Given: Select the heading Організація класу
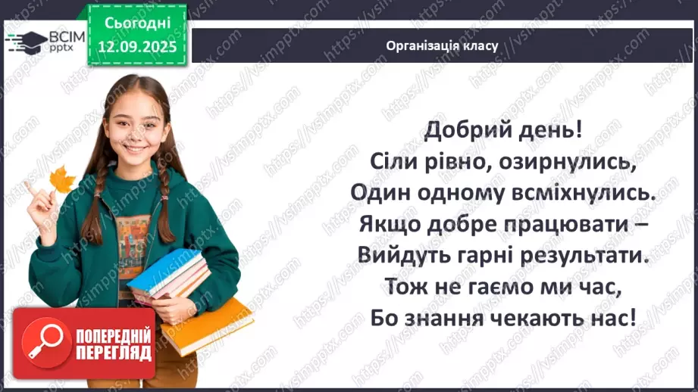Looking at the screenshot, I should [x=442, y=45].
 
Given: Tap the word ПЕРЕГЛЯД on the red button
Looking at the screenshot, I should [x=112, y=353].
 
